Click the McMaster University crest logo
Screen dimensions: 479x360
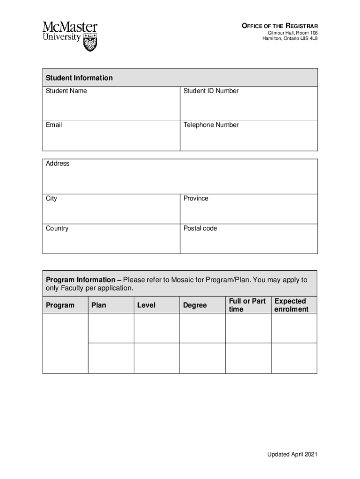90,42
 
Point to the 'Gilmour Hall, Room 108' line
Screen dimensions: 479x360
292,33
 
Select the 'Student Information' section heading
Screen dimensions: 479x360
79,78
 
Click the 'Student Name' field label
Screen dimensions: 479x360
66,91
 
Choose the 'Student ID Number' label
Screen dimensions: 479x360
211,91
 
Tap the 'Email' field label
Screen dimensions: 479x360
54,125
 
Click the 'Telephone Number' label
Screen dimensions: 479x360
211,125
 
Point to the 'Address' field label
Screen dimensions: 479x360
58,163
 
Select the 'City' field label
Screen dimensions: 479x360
51,198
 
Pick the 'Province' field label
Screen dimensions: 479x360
196,198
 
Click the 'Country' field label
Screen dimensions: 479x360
57,228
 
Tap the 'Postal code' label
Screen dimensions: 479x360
200,228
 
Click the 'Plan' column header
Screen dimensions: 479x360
99,305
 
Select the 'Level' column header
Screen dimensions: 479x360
146,305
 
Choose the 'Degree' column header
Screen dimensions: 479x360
195,305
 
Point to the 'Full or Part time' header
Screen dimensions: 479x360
247,305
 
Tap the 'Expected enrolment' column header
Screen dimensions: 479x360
291,305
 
